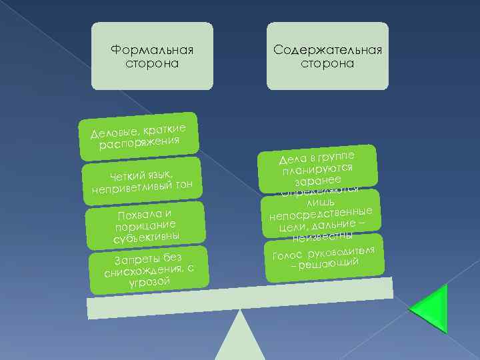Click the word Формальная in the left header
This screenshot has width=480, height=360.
pyautogui.click(x=152, y=51)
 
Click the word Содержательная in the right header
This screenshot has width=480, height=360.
pyautogui.click(x=327, y=51)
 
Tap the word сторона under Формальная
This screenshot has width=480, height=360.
pyautogui.click(x=152, y=63)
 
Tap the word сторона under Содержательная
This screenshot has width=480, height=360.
pyautogui.click(x=327, y=63)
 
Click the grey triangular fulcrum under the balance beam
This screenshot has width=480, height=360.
pyautogui.click(x=241, y=339)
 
